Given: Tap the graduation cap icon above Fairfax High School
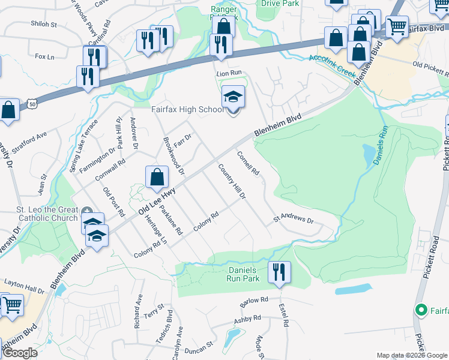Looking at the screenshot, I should click(233, 97).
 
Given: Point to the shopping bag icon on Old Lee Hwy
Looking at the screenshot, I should click(157, 177).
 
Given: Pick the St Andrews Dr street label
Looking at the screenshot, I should click(294, 220).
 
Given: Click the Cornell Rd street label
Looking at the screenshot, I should click(248, 164).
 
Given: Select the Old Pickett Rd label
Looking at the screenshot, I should click(431, 68).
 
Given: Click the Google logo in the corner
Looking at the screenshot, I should click(20, 353).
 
